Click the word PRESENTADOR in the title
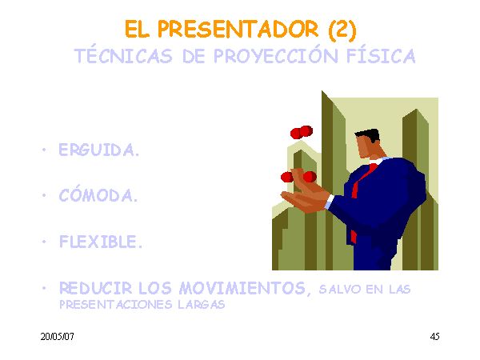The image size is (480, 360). coord(238,30)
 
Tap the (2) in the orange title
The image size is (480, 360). coord(342,30)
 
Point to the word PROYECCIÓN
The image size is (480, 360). coord(275,55)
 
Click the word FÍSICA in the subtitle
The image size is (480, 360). coord(381,55)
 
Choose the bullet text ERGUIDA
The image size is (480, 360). coord(99,150)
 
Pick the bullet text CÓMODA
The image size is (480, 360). coord(98,194)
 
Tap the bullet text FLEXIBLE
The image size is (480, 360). coord(101,242)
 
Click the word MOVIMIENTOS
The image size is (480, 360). coord(242,288)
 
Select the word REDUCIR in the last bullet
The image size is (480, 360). coord(95,288)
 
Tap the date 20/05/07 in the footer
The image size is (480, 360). coord(58,337)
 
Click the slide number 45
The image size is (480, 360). coord(434,337)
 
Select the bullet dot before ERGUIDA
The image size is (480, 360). coord(44,150)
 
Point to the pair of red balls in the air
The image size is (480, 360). coord(302,132)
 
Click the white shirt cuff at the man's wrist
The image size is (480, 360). coord(329,202)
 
